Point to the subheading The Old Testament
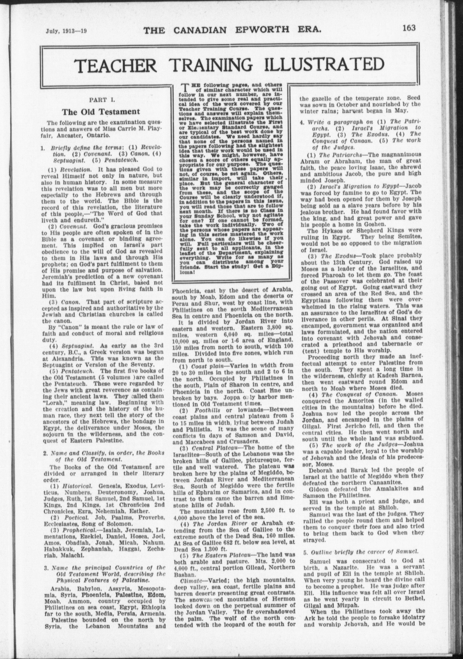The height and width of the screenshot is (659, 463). tap(101, 111)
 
